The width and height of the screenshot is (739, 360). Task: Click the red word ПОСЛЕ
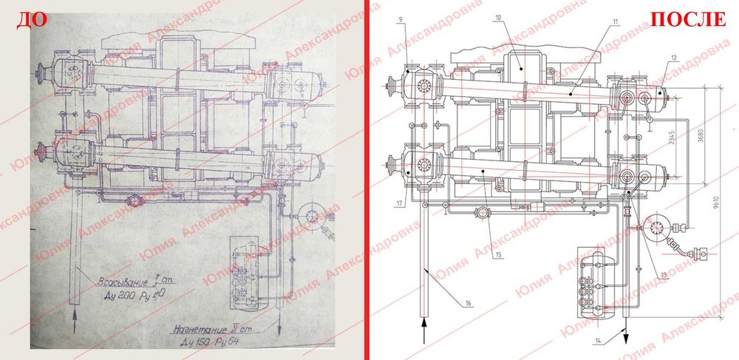coord(687,19)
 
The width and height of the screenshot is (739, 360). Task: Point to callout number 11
coord(615,23)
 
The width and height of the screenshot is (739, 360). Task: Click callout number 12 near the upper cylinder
coord(673,57)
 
